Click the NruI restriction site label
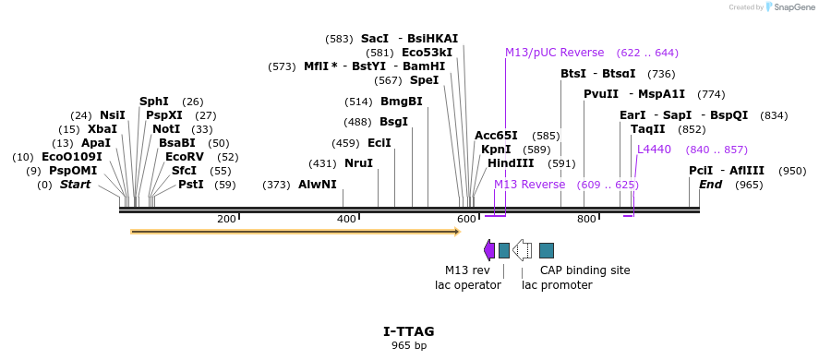click(358, 163)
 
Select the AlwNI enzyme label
click(317, 185)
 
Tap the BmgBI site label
click(401, 102)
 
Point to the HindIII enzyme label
click(511, 163)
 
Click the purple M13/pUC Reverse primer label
click(554, 53)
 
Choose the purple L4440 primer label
click(654, 150)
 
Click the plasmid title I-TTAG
click(408, 331)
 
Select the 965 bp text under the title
click(408, 346)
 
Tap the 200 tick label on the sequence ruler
click(225, 220)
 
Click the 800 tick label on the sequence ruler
click(586, 220)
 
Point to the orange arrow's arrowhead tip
click(458, 232)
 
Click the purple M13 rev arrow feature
click(489, 250)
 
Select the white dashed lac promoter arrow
click(522, 250)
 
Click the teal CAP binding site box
click(547, 250)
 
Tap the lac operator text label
click(467, 285)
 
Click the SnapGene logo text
click(792, 7)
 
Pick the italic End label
click(710, 185)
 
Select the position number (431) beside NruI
click(322, 163)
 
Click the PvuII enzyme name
click(601, 94)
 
